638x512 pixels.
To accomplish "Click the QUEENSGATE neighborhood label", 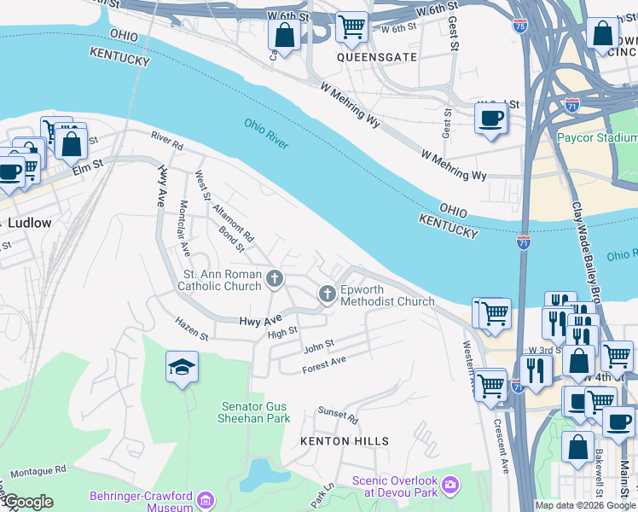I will click(x=376, y=57).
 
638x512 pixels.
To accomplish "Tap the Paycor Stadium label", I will click(x=597, y=137).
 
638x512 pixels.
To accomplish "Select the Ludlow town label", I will click(x=30, y=223).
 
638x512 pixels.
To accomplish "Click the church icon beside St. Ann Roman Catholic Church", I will click(x=275, y=277).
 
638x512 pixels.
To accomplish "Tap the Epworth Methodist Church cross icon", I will click(x=327, y=294).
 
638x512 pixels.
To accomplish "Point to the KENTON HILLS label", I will click(x=344, y=441).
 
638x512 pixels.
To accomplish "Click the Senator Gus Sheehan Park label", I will click(x=256, y=412).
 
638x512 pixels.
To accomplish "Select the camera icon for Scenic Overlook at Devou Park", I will click(x=450, y=486).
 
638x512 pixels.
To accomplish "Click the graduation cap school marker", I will click(x=182, y=367).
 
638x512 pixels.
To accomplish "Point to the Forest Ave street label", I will click(x=324, y=365).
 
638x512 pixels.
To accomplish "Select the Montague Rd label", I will click(x=38, y=471).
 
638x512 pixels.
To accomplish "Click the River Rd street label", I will click(x=167, y=141).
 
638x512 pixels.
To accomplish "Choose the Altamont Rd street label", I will click(x=236, y=222).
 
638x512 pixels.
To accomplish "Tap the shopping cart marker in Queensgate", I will click(x=351, y=26).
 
